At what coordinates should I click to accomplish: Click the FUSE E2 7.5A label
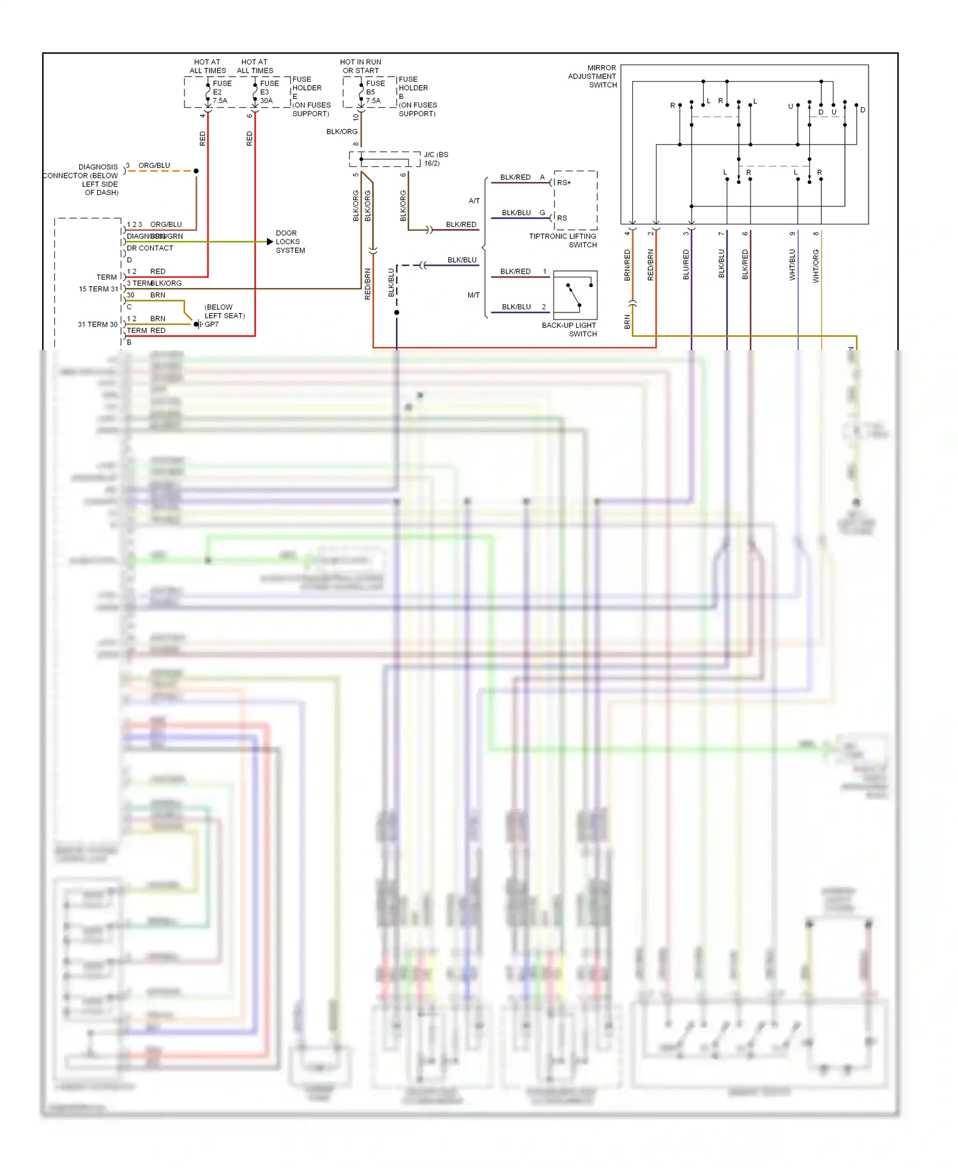[221, 92]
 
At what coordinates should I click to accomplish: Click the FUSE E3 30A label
[268, 92]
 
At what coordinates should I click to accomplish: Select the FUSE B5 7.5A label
[374, 92]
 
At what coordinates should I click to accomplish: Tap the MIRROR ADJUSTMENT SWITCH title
[593, 76]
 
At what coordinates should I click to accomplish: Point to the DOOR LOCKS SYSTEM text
[290, 242]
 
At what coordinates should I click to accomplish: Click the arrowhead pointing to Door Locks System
[270, 242]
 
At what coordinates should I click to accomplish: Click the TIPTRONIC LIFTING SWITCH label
[563, 240]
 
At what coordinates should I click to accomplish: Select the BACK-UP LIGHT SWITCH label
[569, 329]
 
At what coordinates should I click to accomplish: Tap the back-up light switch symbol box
[575, 295]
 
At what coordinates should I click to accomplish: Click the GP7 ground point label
[211, 325]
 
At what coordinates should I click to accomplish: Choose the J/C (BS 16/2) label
[436, 158]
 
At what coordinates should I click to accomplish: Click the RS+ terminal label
[564, 183]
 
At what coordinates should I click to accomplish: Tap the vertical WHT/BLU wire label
[793, 265]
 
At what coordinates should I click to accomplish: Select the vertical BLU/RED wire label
[686, 265]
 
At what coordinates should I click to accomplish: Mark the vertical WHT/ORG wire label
[816, 266]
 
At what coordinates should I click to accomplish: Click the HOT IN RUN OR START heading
[360, 66]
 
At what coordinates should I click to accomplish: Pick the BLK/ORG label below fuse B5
[342, 132]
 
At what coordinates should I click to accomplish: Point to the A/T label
[474, 201]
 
